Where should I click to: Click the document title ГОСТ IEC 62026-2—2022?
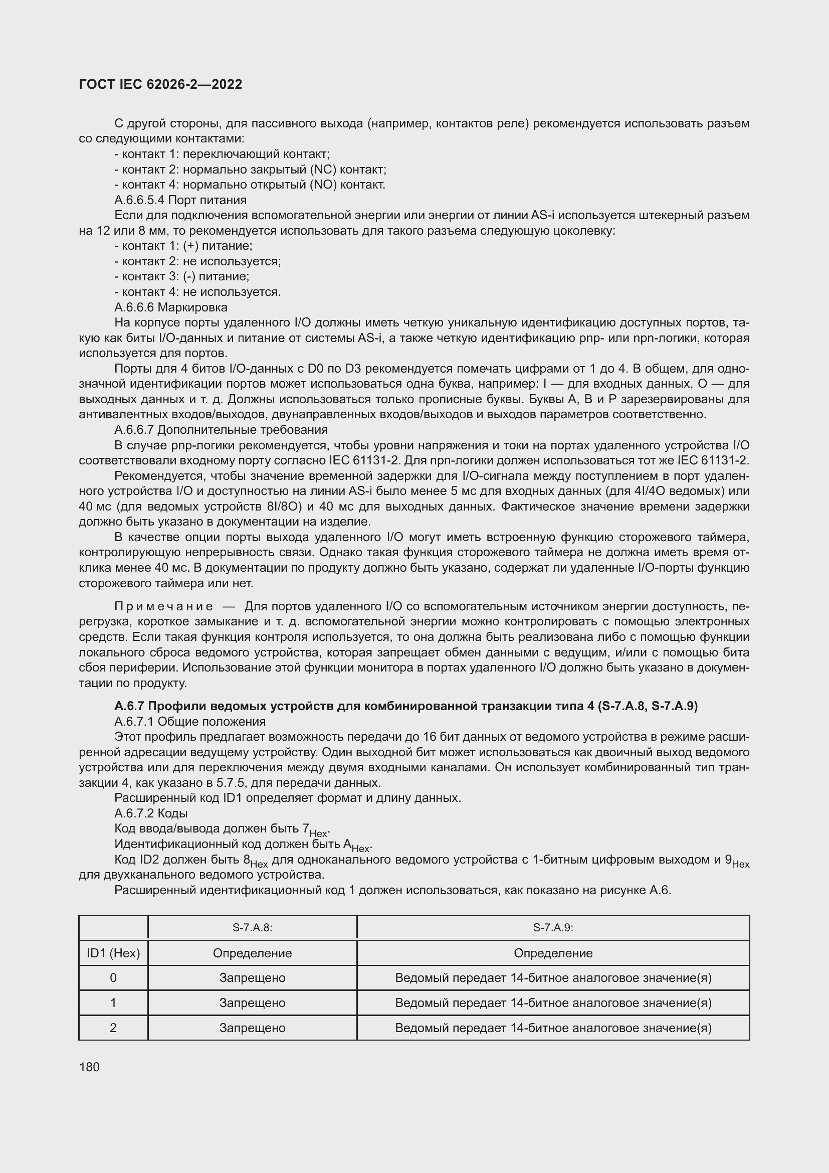(x=160, y=84)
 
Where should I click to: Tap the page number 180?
(x=89, y=1067)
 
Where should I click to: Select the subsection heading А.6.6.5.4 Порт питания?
(x=180, y=200)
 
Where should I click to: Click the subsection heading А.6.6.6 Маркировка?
(x=170, y=307)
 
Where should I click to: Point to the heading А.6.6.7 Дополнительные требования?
(x=221, y=429)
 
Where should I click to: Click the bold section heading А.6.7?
(x=405, y=706)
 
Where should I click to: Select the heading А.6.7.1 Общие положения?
(x=190, y=721)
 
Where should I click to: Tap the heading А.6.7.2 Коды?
(x=150, y=813)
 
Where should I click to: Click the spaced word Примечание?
(x=163, y=606)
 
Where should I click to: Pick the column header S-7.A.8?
(x=252, y=927)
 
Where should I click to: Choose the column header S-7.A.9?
(x=553, y=927)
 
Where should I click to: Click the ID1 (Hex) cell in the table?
(x=113, y=953)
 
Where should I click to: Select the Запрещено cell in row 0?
(x=252, y=977)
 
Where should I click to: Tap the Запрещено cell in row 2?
(x=252, y=1028)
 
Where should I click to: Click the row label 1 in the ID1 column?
(x=113, y=1002)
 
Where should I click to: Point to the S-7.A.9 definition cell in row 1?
(x=553, y=1002)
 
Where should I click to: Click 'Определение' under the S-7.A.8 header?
(x=252, y=953)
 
